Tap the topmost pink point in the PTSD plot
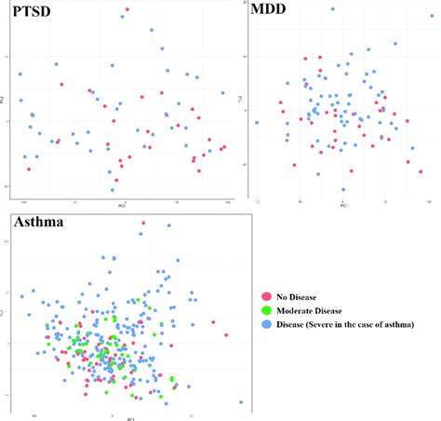coord(127,10)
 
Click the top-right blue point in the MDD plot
coord(394,43)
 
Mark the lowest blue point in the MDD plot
coord(343,190)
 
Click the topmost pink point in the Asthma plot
coord(142,223)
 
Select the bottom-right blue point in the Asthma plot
coord(241,402)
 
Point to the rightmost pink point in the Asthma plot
coord(226,334)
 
